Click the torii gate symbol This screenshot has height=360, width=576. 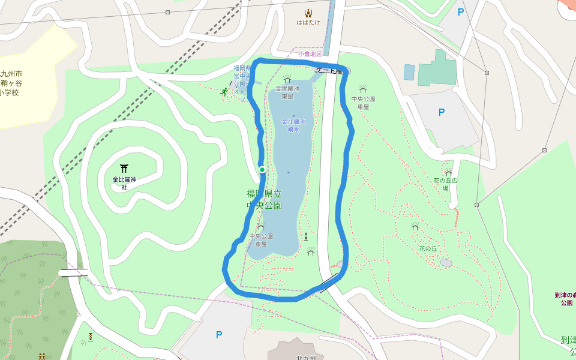(124, 169)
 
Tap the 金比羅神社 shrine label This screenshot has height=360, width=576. (124, 183)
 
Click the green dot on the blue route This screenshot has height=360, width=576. (262, 170)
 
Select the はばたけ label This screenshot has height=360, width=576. (308, 22)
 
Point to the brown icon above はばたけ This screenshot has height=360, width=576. (308, 13)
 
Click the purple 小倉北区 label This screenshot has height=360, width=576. (310, 54)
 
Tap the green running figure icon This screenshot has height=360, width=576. (224, 92)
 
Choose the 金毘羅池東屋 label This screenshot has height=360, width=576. (287, 92)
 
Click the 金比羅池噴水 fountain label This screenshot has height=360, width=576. (294, 125)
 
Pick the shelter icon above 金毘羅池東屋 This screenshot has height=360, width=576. (287, 79)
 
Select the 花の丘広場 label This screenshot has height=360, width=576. (446, 184)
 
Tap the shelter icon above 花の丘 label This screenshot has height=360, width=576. (415, 227)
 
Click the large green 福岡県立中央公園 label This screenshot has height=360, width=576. (264, 199)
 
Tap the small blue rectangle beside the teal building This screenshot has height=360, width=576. (409, 73)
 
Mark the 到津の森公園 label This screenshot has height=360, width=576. (565, 299)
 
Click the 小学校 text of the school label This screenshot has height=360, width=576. (10, 93)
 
